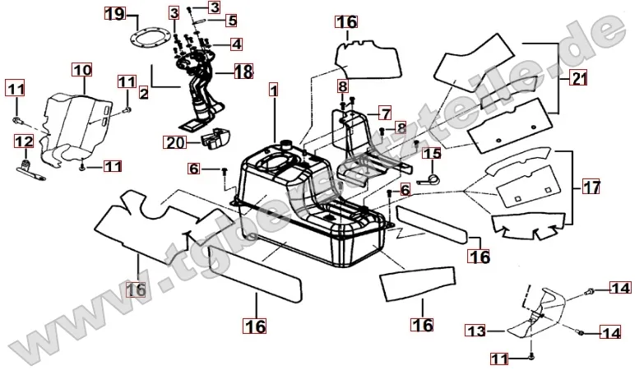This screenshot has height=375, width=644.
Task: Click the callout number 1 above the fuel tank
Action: tap(273, 87)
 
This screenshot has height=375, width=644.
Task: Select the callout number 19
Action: tap(115, 14)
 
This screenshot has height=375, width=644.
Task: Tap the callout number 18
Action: tap(243, 72)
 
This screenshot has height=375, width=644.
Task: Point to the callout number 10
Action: tap(81, 70)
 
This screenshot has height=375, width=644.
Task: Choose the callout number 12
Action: tap(24, 142)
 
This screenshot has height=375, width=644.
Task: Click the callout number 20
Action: tap(174, 142)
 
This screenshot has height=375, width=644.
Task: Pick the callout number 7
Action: tap(384, 112)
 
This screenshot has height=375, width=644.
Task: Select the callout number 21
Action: tap(580, 79)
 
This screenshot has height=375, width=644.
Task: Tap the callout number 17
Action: tap(591, 187)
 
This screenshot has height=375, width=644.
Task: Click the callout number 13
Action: tap(476, 331)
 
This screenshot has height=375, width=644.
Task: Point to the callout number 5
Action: tap(232, 20)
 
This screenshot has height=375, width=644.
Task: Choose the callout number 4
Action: tap(235, 44)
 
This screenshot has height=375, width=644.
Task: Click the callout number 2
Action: tap(143, 93)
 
